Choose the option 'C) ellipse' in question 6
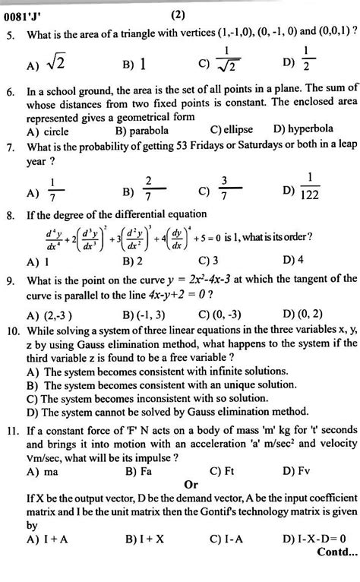232,131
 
